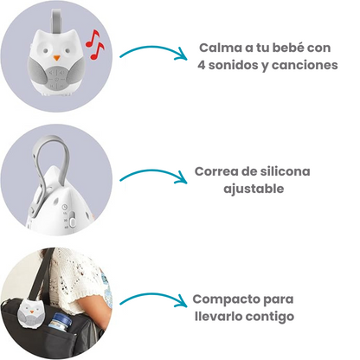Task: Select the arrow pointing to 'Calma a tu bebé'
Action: [x=153, y=54]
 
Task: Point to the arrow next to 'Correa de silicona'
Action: [x=153, y=177]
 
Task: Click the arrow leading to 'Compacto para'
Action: [x=153, y=300]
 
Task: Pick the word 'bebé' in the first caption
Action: [x=281, y=48]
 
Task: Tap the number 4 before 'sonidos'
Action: [x=202, y=66]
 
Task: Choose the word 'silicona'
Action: [x=280, y=170]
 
